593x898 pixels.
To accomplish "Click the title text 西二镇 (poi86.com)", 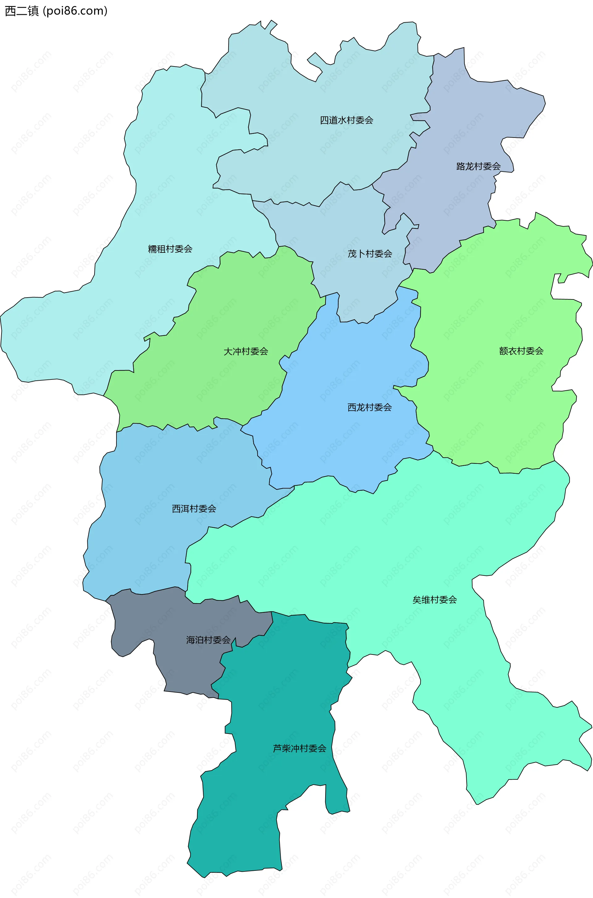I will (x=56, y=11).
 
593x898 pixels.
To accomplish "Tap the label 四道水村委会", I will (x=347, y=120).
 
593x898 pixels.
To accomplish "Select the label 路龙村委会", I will (x=478, y=167).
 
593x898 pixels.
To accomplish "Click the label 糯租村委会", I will (x=170, y=249).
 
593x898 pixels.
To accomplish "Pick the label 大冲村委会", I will (x=246, y=352).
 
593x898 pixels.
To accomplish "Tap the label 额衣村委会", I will (x=521, y=351).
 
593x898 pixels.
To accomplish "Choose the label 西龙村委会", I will (x=369, y=408).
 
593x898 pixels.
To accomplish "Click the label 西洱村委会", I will (x=194, y=509).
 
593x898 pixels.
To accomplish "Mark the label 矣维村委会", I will (x=435, y=600).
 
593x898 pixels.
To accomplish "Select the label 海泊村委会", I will (x=208, y=640).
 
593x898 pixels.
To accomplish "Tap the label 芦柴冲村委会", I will (x=300, y=748).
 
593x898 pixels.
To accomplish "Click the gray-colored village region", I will (x=182, y=666).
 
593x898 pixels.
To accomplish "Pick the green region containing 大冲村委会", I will (x=227, y=386).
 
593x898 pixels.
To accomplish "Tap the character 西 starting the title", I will (x=10, y=11).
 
